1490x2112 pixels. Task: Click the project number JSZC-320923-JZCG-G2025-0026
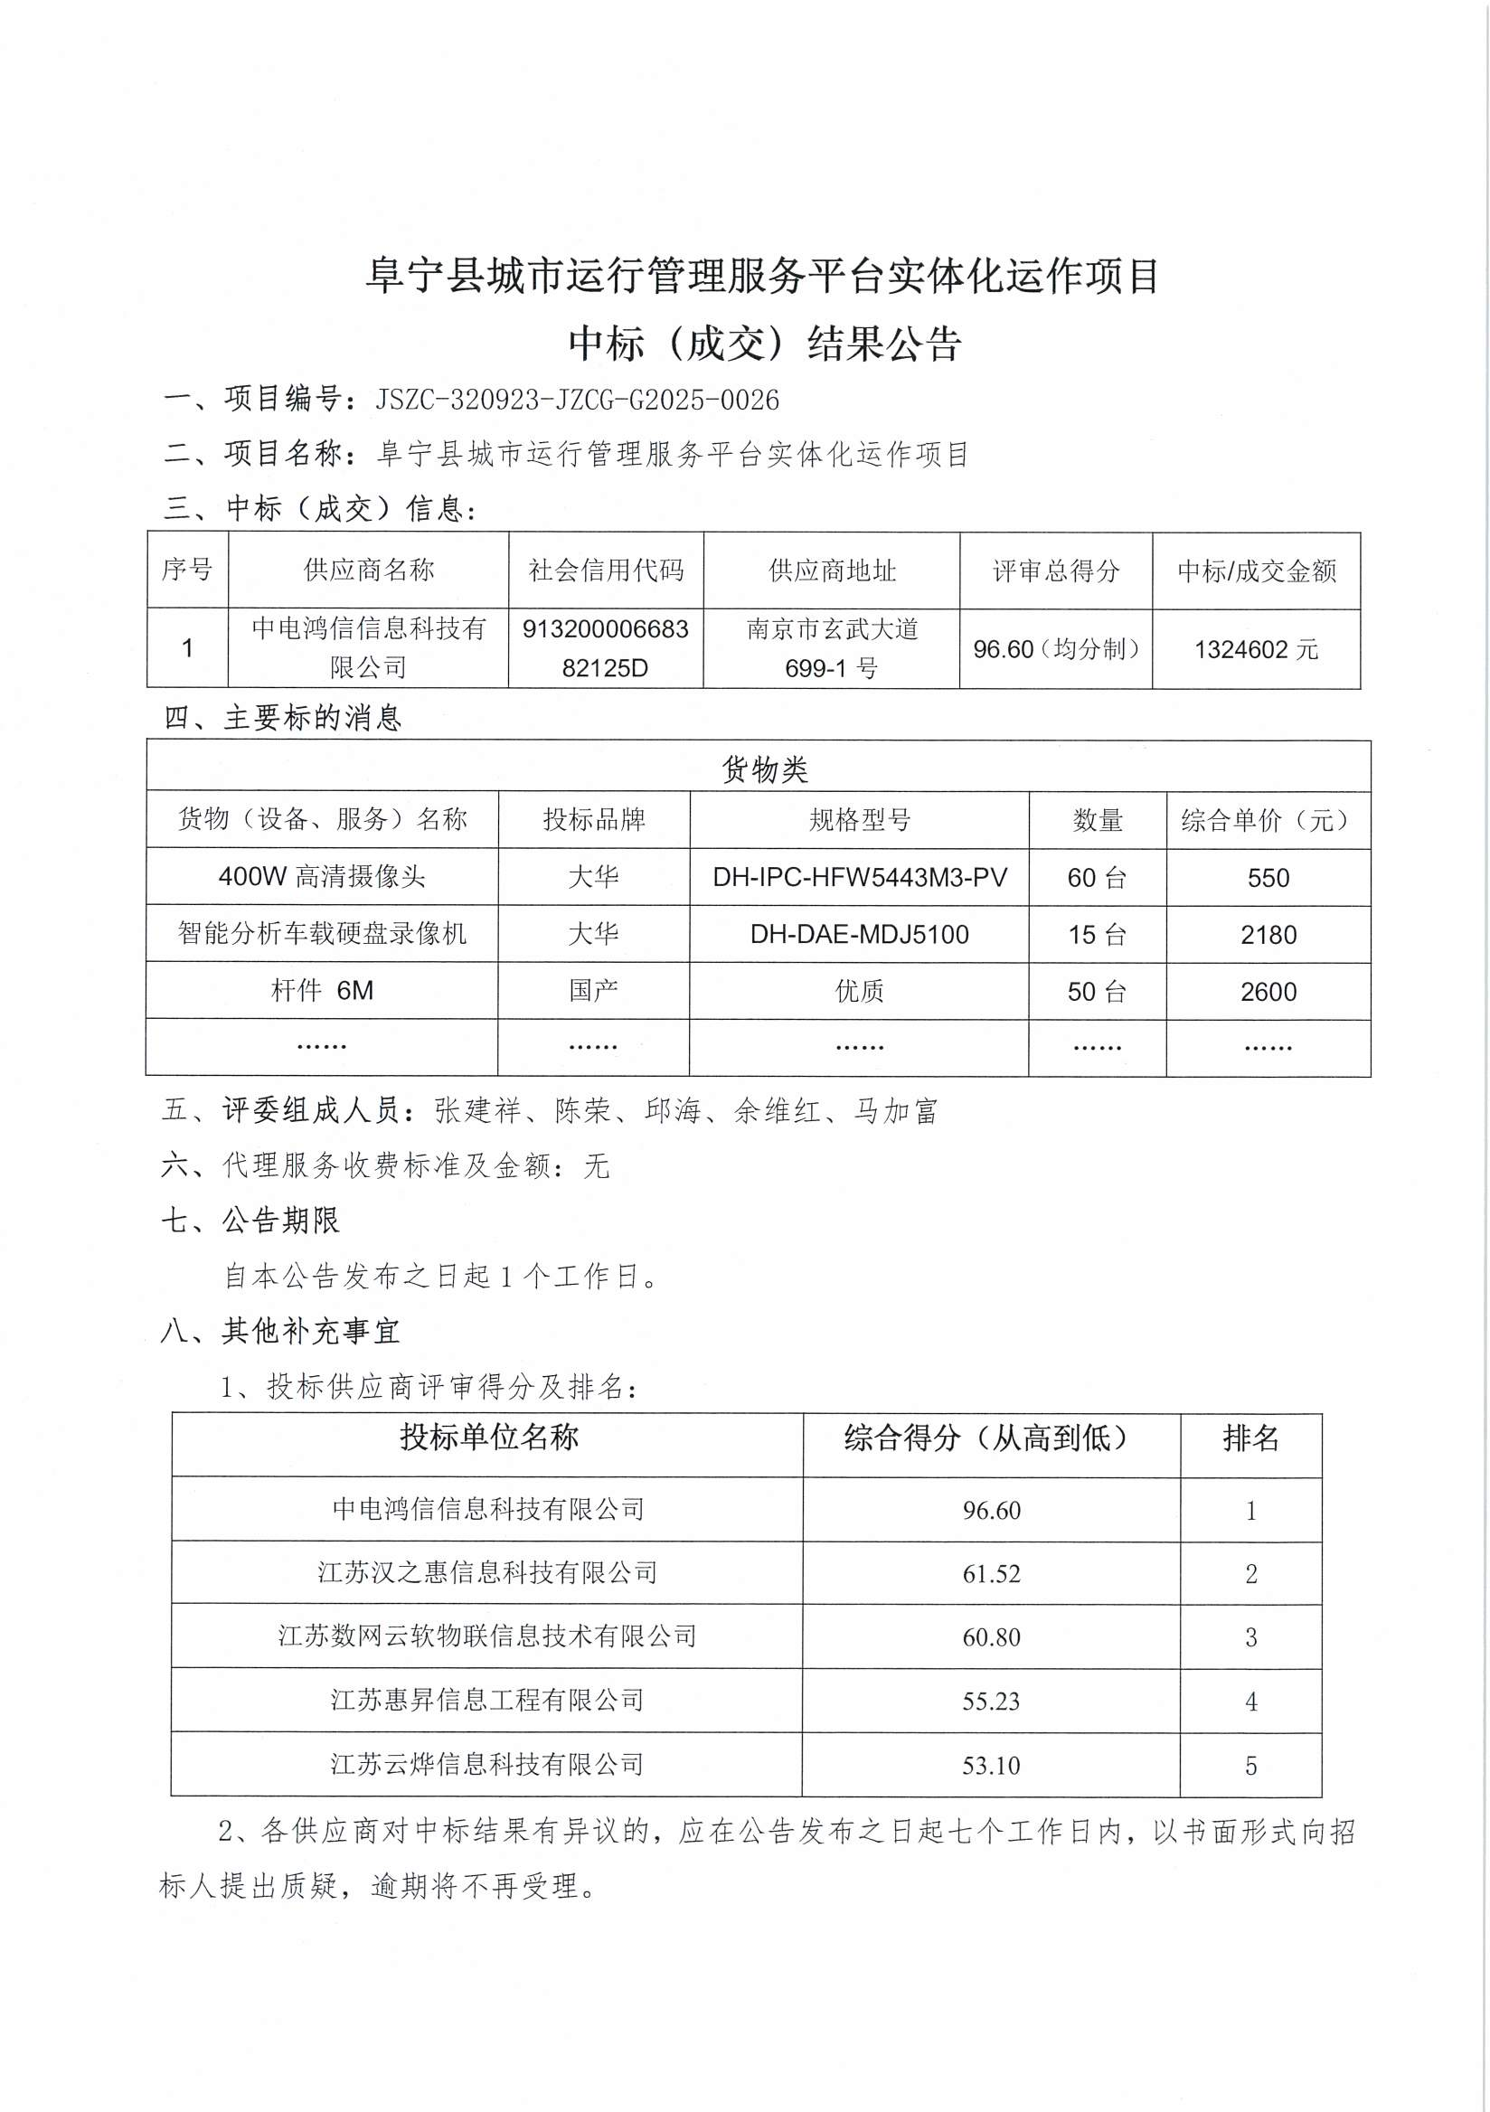click(x=577, y=400)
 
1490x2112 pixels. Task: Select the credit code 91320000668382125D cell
click(x=605, y=647)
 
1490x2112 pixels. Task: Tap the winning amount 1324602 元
click(x=1256, y=649)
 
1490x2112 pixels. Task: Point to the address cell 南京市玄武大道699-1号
click(x=832, y=647)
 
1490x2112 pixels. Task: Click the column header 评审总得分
click(x=1056, y=571)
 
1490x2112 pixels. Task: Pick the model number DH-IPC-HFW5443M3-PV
click(x=859, y=878)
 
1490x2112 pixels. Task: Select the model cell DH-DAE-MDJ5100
click(x=859, y=935)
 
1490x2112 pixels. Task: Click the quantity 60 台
click(x=1097, y=878)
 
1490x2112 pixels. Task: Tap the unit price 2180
click(x=1268, y=936)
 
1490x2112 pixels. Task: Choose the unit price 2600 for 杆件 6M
click(x=1268, y=992)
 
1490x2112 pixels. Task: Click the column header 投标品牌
click(x=593, y=820)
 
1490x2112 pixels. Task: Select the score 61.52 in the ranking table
click(x=992, y=1574)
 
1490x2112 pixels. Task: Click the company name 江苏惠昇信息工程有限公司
click(x=487, y=1701)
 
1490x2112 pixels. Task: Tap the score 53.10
click(x=992, y=1765)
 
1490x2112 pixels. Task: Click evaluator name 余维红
click(x=778, y=1111)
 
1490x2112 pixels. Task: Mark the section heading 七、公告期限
click(x=250, y=1221)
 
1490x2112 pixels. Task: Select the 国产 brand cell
click(x=593, y=991)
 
